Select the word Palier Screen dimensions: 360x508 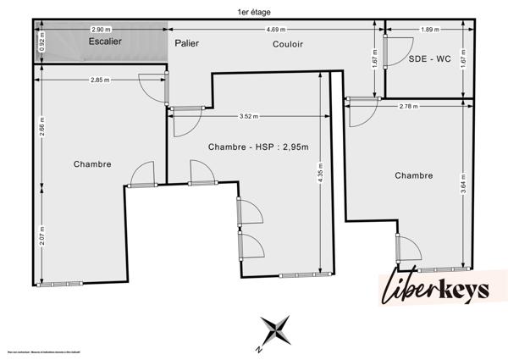pyautogui.click(x=187, y=42)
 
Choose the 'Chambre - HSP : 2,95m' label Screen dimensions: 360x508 pyautogui.click(x=258, y=147)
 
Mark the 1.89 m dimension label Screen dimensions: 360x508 pyautogui.click(x=429, y=30)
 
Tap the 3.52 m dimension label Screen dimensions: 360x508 pyautogui.click(x=250, y=116)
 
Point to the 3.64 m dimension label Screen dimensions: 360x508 pyautogui.click(x=464, y=186)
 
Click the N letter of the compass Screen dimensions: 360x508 pyautogui.click(x=259, y=348)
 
